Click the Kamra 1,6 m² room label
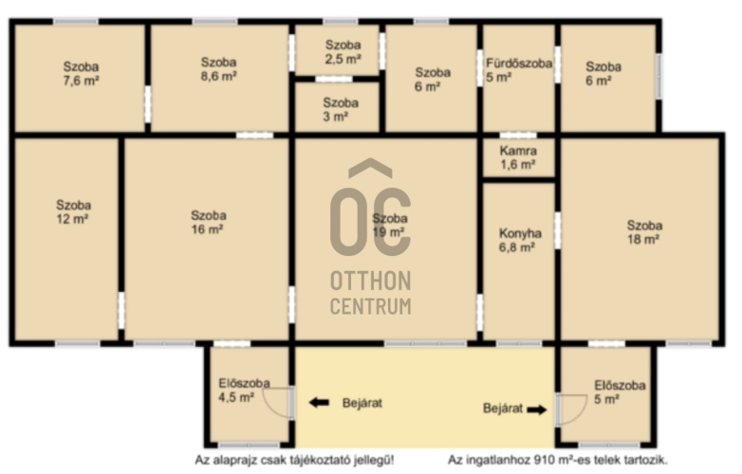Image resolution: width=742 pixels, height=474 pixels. (518, 157)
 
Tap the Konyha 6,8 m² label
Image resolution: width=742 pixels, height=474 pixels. (520, 240)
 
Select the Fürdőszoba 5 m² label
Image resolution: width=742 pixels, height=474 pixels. (519, 70)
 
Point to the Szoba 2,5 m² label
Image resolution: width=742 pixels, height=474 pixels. (343, 52)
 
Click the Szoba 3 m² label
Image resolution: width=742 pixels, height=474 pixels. (341, 109)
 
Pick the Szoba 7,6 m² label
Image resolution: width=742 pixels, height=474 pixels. (81, 73)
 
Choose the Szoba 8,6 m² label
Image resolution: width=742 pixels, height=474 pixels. (218, 69)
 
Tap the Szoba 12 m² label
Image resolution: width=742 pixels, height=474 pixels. (73, 211)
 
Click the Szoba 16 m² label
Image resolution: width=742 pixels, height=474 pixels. (208, 222)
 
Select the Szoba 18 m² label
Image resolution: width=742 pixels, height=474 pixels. (644, 232)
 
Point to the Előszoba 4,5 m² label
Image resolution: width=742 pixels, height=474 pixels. (244, 390)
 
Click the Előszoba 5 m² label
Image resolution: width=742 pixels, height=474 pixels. (620, 392)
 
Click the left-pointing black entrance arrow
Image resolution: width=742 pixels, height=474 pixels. (319, 403)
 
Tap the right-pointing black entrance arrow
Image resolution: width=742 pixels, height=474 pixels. (537, 410)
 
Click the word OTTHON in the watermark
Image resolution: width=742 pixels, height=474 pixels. (371, 281)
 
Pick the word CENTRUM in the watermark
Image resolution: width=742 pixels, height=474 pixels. (371, 306)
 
